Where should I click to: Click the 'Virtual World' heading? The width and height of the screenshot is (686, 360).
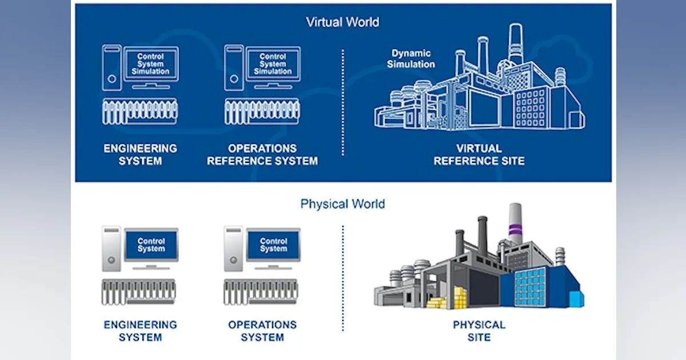[x=342, y=22]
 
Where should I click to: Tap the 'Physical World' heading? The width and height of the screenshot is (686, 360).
[x=342, y=204]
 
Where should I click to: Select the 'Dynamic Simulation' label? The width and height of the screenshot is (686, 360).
[x=411, y=59]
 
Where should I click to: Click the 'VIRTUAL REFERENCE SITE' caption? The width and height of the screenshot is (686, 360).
[x=478, y=154]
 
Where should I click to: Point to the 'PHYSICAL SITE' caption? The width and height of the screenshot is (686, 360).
[x=479, y=331]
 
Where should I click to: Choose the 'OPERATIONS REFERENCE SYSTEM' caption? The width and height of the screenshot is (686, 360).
[x=262, y=154]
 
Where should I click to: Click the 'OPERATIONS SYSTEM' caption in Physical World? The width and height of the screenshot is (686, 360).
[x=262, y=331]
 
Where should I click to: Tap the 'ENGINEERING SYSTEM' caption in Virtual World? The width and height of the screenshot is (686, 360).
[x=140, y=154]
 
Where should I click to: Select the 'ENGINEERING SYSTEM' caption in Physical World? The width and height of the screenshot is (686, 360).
[x=140, y=331]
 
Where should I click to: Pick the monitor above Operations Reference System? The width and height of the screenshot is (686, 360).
[x=273, y=64]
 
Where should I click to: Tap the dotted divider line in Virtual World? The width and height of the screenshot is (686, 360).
[x=342, y=103]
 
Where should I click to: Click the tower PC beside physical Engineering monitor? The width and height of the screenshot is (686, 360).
[x=111, y=249]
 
